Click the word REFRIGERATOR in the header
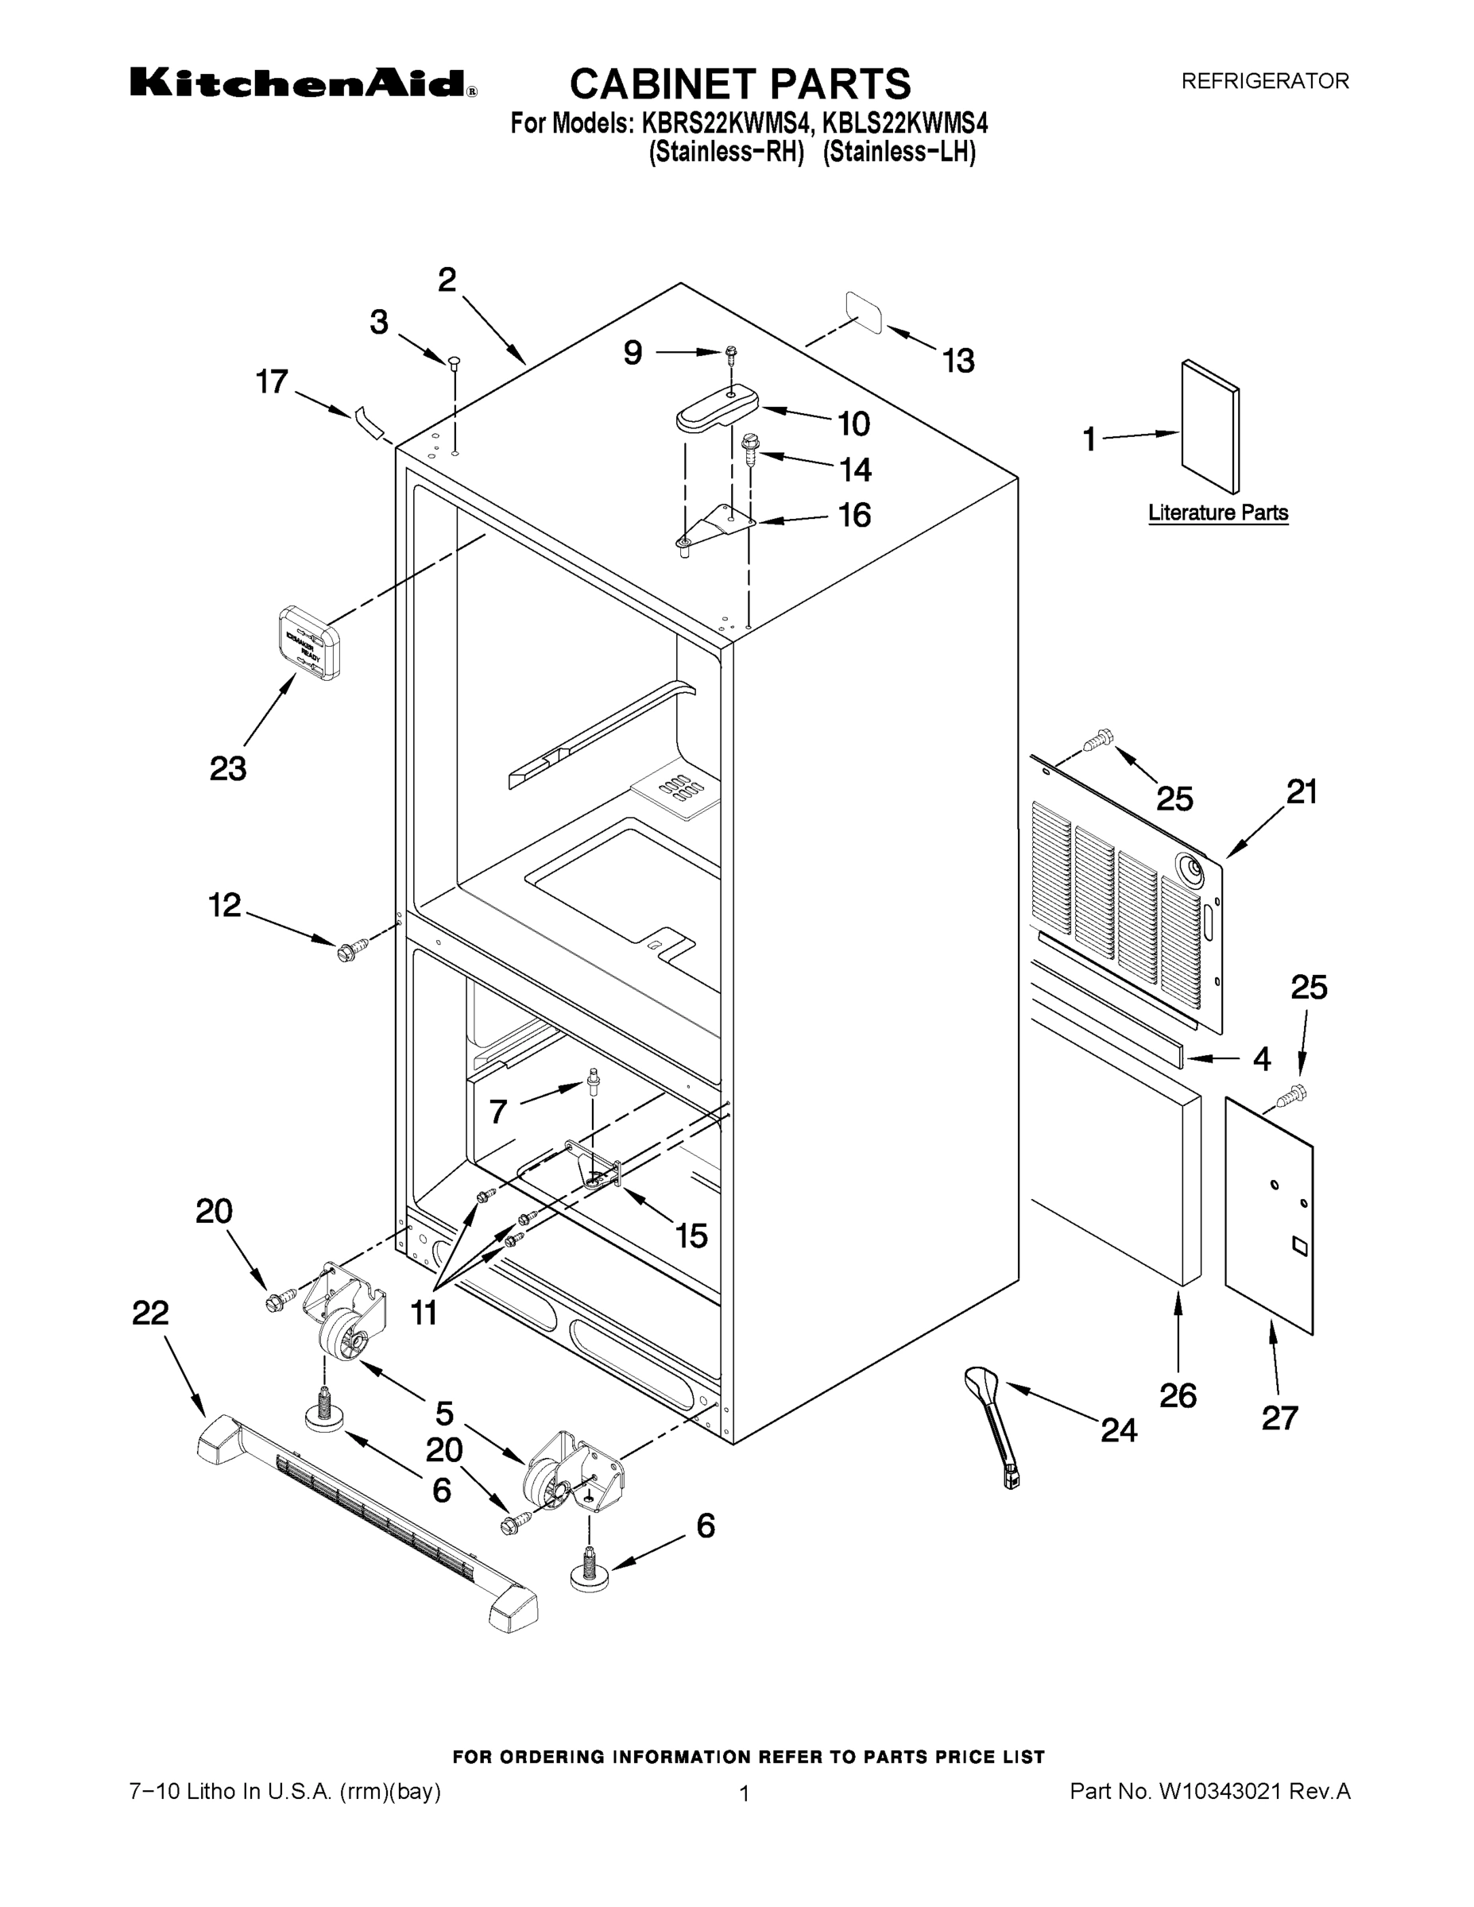[1264, 81]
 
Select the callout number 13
[958, 361]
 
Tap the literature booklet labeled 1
[1209, 427]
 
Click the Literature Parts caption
[1217, 513]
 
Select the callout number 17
[271, 381]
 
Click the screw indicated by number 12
[346, 950]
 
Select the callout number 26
[1177, 1395]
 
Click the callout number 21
[1301, 792]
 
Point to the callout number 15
[691, 1236]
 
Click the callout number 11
[424, 1313]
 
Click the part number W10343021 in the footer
[1219, 1792]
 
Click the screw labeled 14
[750, 448]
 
